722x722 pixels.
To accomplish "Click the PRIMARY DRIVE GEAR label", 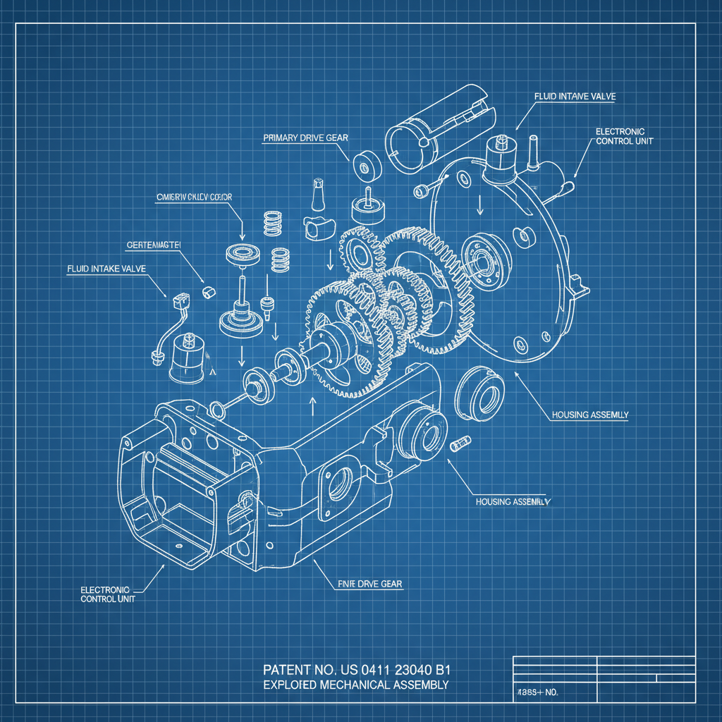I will tap(305, 138).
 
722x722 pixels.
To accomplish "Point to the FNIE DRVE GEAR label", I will tap(366, 584).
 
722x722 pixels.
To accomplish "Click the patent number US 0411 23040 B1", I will tap(356, 669).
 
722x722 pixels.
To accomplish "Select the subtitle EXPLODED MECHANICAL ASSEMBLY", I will tap(356, 685).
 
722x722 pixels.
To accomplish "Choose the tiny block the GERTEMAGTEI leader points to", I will tap(208, 291).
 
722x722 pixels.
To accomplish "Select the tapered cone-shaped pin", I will tap(317, 195).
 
